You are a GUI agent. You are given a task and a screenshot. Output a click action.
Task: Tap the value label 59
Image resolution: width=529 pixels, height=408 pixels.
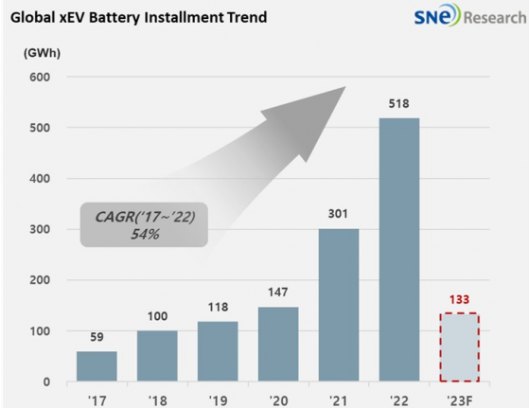tap(97, 338)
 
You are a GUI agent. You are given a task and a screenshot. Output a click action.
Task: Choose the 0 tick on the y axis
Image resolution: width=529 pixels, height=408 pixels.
tap(44, 381)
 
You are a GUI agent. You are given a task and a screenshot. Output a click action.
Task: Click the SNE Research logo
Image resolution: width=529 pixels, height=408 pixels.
tap(463, 18)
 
